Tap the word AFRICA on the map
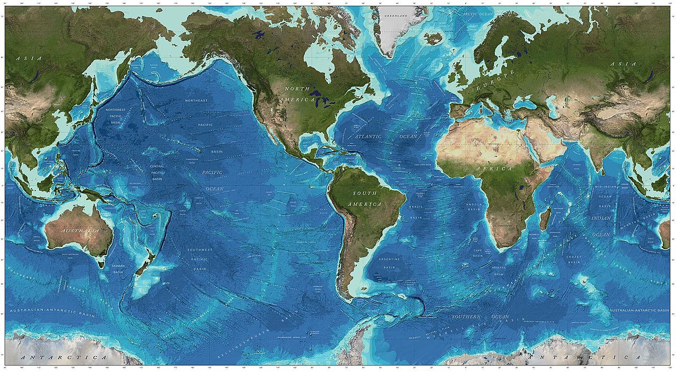(x=494, y=169)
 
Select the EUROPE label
(x=495, y=82)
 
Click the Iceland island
(x=435, y=38)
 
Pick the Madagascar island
(x=546, y=218)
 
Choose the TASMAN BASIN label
(x=118, y=270)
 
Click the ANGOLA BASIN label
(x=473, y=207)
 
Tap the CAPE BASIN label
(x=477, y=253)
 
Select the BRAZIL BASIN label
(x=416, y=212)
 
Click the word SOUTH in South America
(x=365, y=194)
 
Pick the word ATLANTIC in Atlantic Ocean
(x=368, y=136)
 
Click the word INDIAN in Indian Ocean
(x=602, y=218)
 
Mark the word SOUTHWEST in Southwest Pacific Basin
(x=200, y=249)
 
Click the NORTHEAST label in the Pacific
(x=196, y=100)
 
